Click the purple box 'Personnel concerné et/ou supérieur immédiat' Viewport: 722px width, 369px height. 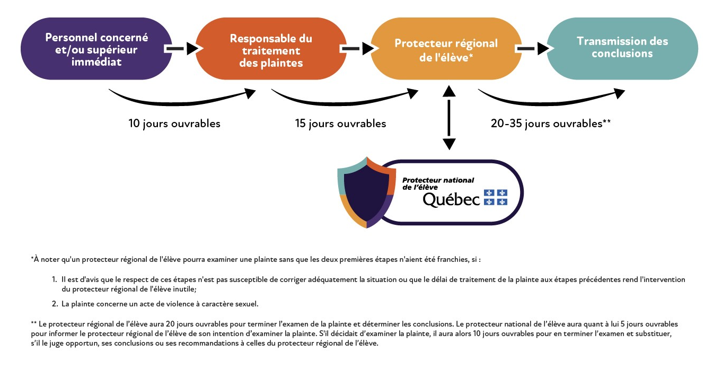coord(96,49)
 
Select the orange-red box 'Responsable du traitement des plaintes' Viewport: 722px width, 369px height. coord(271,49)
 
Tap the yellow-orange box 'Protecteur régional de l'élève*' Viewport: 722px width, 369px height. coord(446,49)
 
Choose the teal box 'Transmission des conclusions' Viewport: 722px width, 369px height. coord(622,47)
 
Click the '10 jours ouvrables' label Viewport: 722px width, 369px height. coord(174,124)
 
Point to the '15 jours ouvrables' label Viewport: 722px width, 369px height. coord(340,124)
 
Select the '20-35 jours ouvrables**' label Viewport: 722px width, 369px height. coord(551,124)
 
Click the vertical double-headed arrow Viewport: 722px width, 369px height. coord(449,118)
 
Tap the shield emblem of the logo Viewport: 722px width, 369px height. coord(366,192)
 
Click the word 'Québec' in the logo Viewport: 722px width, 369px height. coord(451,199)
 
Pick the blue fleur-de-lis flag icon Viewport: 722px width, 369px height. coord(495,198)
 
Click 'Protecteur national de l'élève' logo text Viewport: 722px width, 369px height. coord(438,183)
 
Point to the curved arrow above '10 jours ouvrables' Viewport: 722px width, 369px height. coord(180,99)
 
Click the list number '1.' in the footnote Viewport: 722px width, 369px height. coord(55,279)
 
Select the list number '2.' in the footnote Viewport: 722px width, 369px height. coord(55,304)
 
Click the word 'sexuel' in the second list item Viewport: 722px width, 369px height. coord(248,304)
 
